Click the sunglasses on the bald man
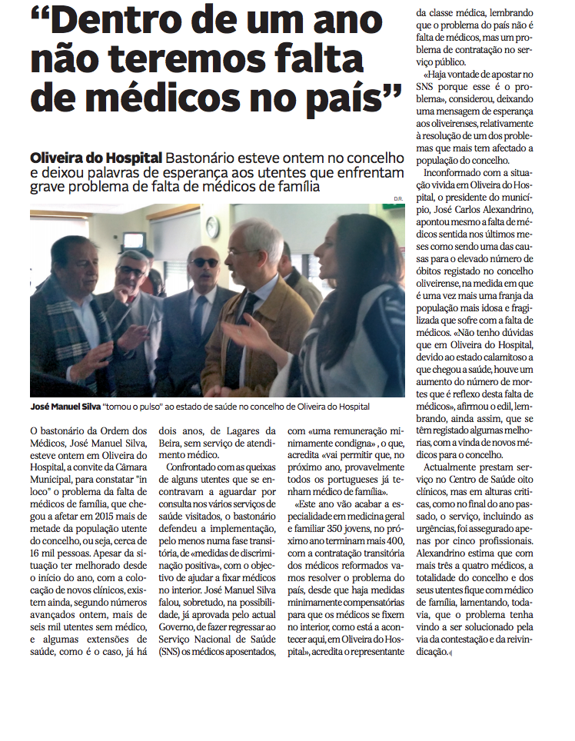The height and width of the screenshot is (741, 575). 204,263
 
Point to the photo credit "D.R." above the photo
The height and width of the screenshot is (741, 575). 398,200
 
